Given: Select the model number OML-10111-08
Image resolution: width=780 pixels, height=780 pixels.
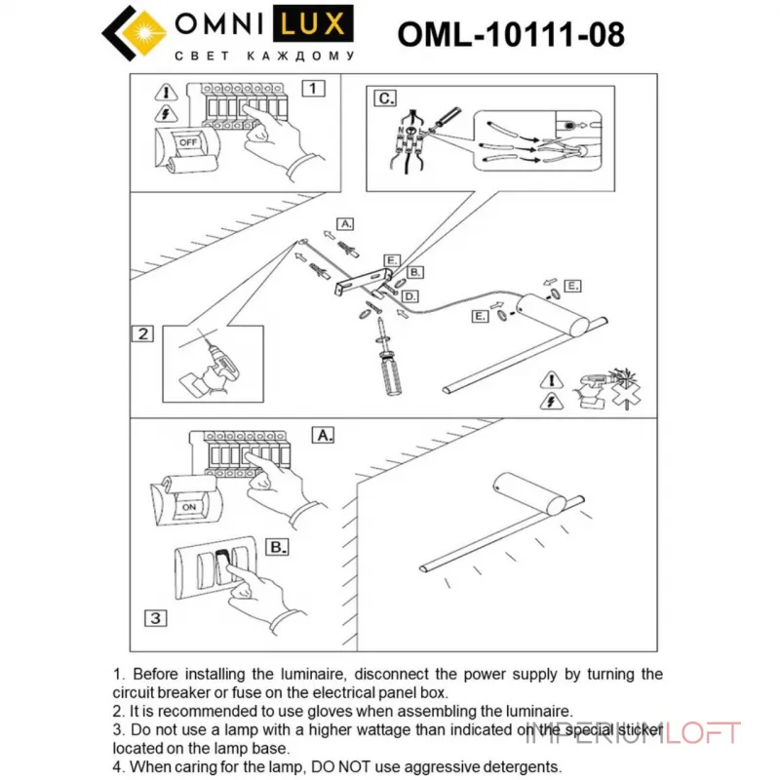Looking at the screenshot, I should point(511,35).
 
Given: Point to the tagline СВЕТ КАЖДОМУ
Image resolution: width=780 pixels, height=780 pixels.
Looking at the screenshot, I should point(264,56).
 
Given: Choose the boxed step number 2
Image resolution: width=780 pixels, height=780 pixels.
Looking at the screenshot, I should point(142,333).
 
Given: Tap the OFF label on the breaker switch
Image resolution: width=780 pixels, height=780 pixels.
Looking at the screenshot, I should point(186,141).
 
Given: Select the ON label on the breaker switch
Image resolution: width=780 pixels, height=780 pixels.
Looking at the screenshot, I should point(188,507).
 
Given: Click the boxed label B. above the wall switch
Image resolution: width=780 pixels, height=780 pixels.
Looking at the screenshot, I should point(277,547).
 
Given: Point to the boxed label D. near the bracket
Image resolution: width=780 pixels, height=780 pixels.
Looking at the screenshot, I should point(410,295).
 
